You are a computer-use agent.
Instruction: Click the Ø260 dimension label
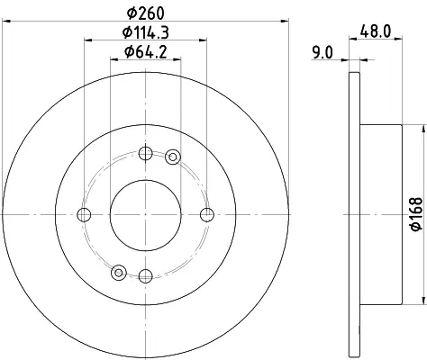point(146,13)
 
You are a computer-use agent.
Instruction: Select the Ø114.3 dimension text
point(146,32)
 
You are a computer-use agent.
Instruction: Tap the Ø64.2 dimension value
point(146,52)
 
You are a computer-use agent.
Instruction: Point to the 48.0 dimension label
point(376,31)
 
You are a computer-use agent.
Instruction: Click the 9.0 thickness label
point(323,53)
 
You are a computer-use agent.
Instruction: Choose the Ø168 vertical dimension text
point(417,214)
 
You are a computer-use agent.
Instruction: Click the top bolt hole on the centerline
point(146,153)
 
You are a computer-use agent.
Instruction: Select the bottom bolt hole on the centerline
point(146,275)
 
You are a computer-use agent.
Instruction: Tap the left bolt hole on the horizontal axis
point(84,214)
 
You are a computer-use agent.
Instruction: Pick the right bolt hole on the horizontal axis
point(207,214)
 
